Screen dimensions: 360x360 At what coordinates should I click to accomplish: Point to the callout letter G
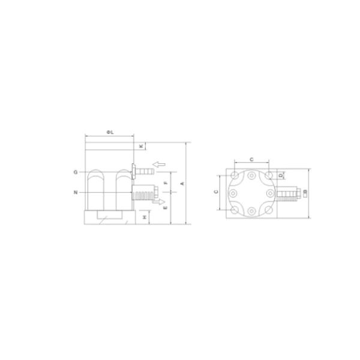click(x=76, y=172)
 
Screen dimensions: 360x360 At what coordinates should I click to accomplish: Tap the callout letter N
click(x=76, y=193)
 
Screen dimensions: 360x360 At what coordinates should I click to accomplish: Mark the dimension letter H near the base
click(x=145, y=216)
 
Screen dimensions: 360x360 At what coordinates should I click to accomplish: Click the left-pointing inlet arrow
click(x=158, y=164)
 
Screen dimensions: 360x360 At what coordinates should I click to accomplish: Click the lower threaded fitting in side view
click(x=144, y=194)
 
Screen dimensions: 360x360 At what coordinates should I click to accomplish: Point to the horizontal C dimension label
click(x=251, y=160)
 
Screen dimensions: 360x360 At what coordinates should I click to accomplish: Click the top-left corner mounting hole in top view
click(x=234, y=175)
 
